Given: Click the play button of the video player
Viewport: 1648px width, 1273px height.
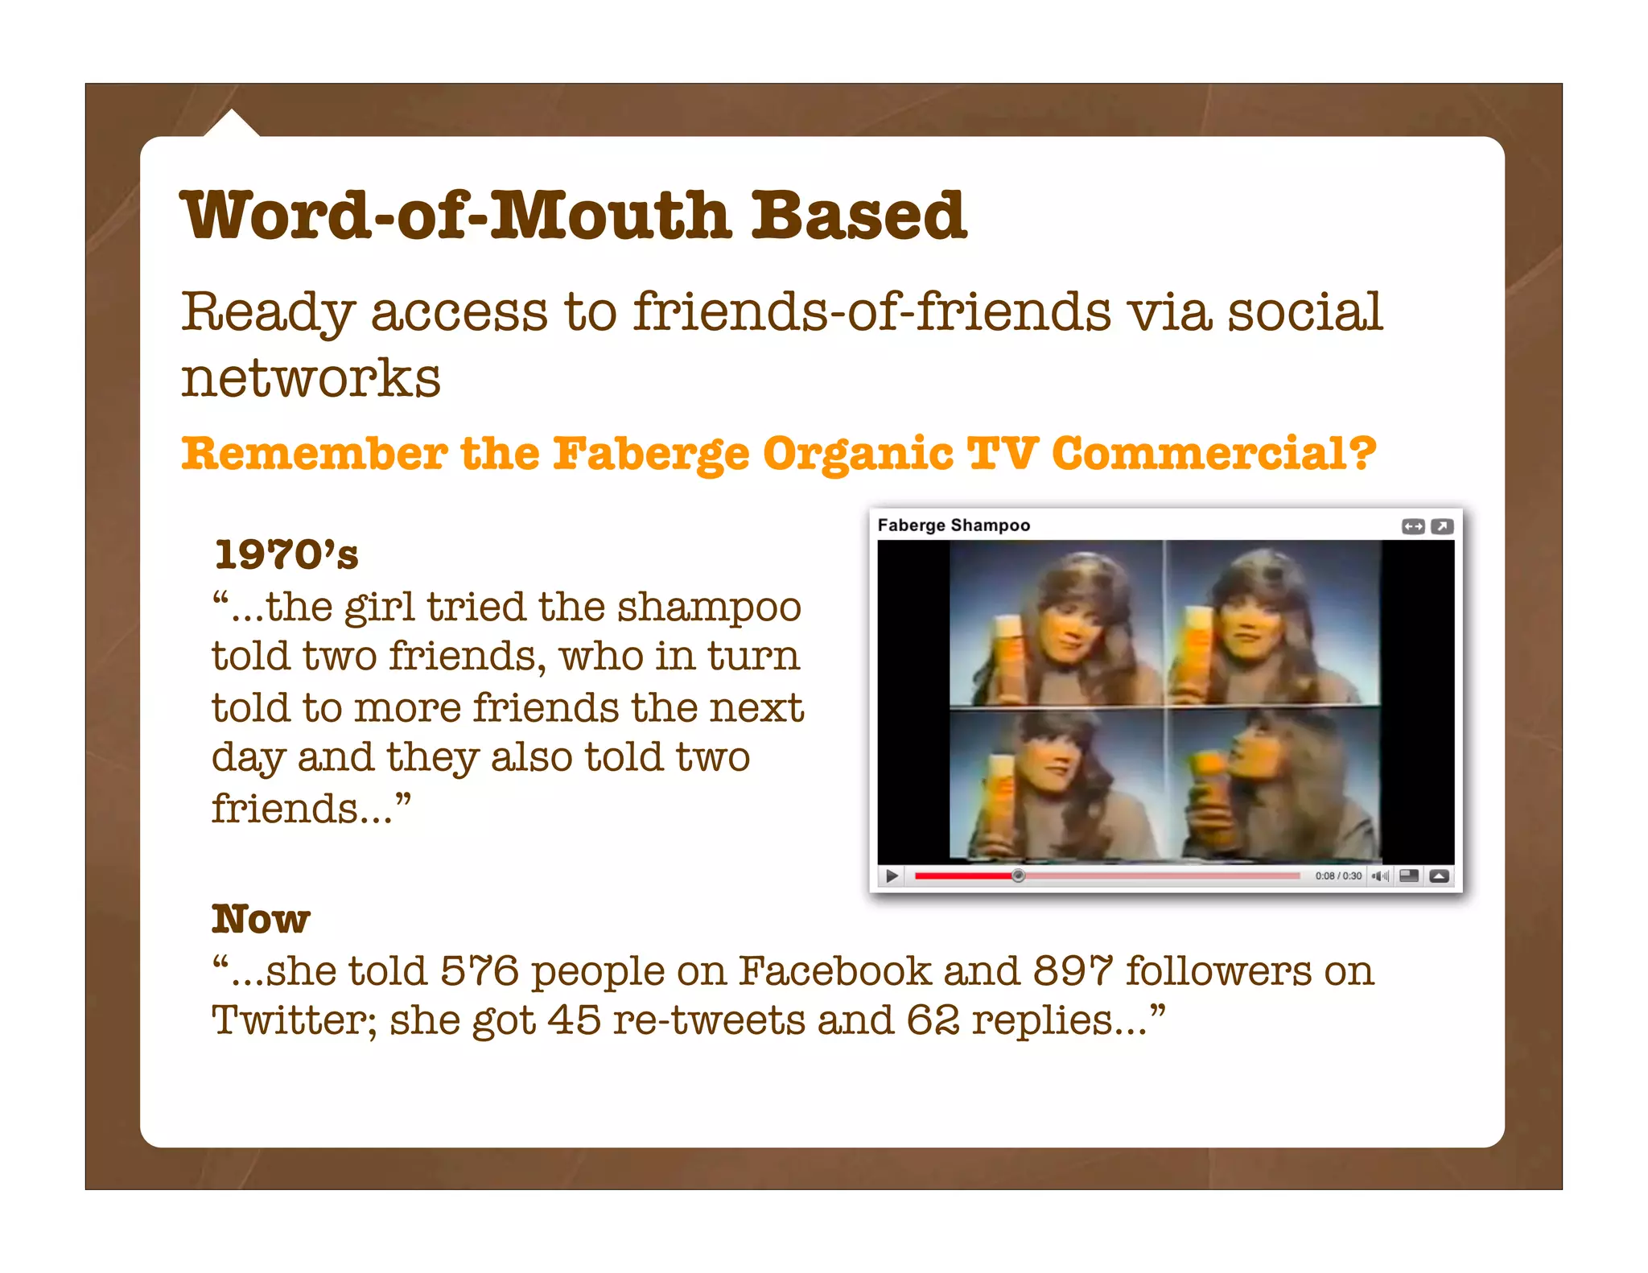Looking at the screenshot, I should point(891,875).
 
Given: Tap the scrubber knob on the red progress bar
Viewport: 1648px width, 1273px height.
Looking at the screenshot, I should point(1018,875).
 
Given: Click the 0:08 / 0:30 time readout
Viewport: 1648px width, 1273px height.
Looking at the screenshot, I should point(1338,875).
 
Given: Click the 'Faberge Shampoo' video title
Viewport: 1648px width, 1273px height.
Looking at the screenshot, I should point(954,525).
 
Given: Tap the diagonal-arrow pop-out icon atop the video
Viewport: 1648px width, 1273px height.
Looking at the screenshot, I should point(1442,526).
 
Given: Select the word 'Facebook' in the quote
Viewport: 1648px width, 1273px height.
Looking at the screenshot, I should point(834,970).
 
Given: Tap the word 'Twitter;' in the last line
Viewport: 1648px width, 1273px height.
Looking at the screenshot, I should point(295,1020).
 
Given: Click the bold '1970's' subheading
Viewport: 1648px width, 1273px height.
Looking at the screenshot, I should point(286,554).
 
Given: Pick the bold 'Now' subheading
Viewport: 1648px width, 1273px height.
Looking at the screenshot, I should point(261,919).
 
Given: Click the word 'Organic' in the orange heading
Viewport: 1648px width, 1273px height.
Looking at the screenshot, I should point(858,454).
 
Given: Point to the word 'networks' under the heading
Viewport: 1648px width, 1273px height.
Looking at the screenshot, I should point(311,377).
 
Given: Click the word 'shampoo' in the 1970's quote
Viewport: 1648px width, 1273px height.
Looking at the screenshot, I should point(709,607).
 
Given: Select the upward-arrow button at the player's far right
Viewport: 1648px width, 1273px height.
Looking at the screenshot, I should point(1440,875).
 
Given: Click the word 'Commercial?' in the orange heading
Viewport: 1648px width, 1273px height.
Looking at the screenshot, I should point(1213,454).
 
